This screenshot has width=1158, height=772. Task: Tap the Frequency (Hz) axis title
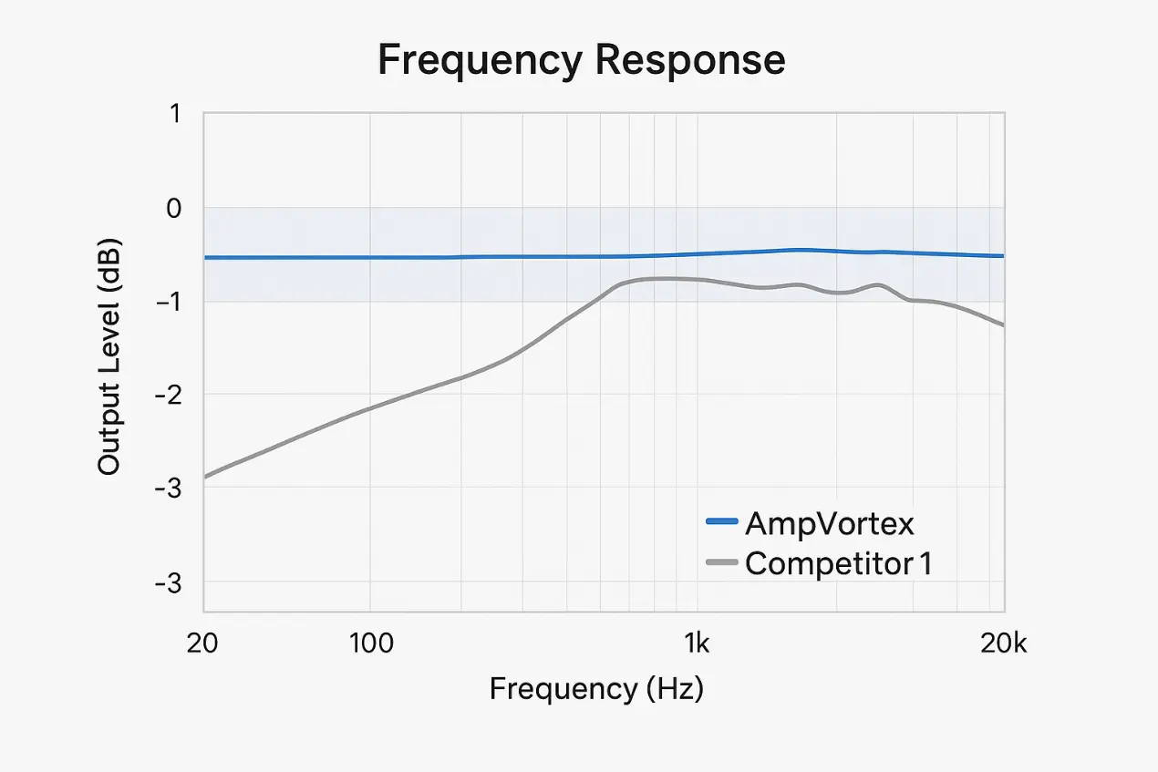[596, 688]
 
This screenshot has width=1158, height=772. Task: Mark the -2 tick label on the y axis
[167, 395]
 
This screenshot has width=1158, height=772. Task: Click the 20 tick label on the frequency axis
[203, 643]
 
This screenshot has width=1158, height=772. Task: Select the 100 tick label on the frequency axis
[370, 643]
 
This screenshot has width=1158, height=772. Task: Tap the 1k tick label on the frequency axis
[697, 643]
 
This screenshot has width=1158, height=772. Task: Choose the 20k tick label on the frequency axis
[1004, 643]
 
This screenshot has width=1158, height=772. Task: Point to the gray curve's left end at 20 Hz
[205, 476]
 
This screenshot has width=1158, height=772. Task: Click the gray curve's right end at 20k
[1003, 324]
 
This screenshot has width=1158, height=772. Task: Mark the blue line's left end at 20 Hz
[205, 258]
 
